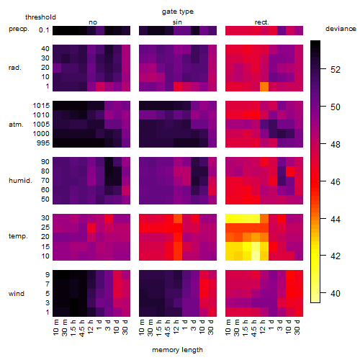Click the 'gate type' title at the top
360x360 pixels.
coord(178,12)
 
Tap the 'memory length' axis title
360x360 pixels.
coord(177,350)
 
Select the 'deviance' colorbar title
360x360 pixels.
coord(341,29)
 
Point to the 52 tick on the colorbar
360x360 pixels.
coord(323,69)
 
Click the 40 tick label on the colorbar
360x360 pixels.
coord(336,293)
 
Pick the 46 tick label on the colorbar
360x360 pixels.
coord(336,181)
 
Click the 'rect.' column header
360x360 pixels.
coord(262,22)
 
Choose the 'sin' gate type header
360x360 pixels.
coord(177,22)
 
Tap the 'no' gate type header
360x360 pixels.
coord(93,22)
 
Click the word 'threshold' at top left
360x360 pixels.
coord(40,17)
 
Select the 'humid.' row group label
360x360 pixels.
coord(20,181)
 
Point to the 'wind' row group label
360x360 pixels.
coord(17,294)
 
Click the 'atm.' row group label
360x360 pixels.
coord(16,125)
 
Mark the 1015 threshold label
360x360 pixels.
coord(41,106)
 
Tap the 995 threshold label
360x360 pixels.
coord(43,143)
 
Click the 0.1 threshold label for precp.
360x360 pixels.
coord(44,30)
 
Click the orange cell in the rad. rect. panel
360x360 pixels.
coord(264,86)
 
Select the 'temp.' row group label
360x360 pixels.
coord(18,236)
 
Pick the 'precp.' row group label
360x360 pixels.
coord(19,29)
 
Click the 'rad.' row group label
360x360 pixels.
coord(15,68)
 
